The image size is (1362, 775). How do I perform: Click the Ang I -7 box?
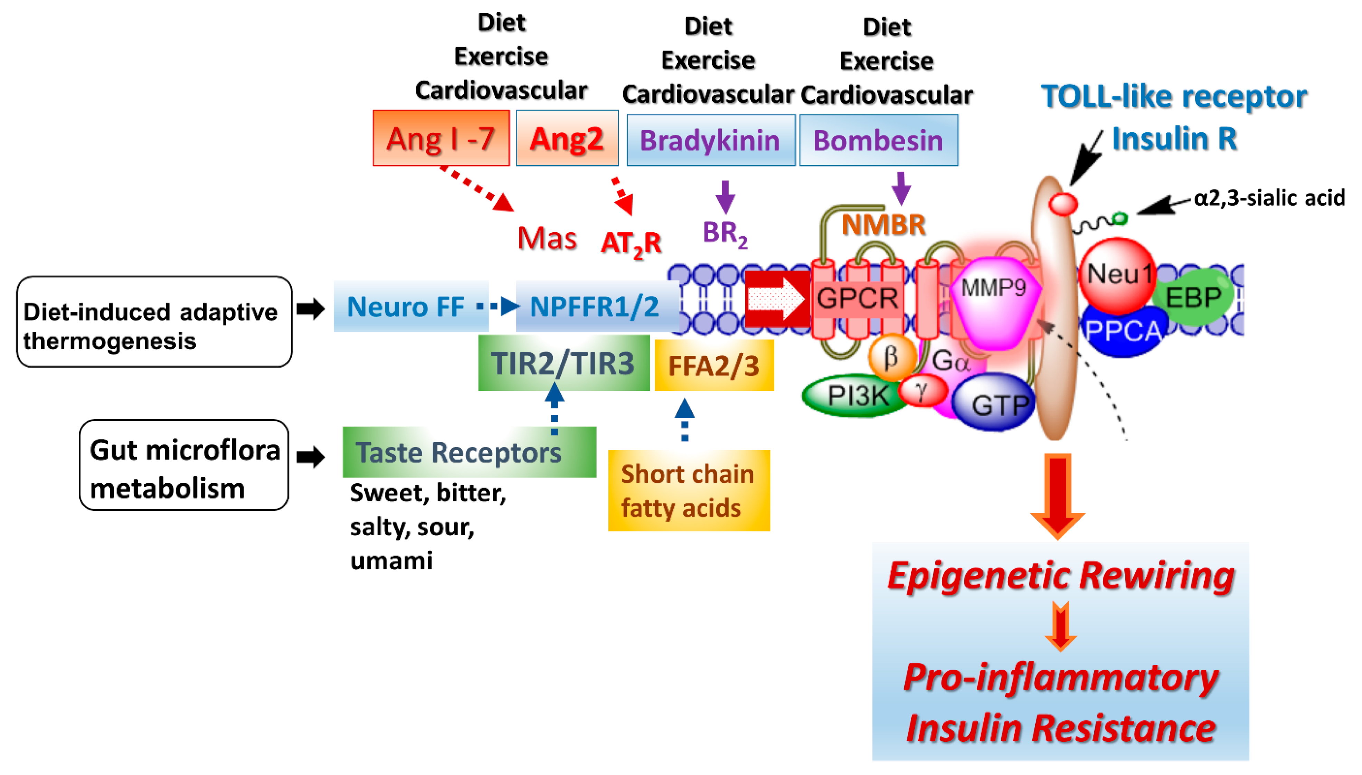[x=441, y=139]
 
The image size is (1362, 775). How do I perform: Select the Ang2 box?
[x=567, y=139]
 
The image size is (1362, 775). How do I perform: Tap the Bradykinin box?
[x=710, y=140]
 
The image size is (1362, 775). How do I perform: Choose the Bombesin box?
[x=878, y=140]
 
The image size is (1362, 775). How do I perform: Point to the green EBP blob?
[x=1193, y=297]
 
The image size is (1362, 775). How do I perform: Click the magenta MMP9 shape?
[x=994, y=303]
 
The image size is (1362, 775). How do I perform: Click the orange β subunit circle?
[x=891, y=358]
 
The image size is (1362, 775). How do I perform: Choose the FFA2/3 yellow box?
[x=714, y=366]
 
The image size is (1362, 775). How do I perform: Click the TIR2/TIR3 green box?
[x=563, y=363]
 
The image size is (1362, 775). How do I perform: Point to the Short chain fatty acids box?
[x=688, y=491]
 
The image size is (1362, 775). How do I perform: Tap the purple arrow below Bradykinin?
[x=725, y=197]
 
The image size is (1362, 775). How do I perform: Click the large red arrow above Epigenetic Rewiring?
[x=1058, y=495]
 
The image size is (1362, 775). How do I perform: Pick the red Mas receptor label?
[x=547, y=238]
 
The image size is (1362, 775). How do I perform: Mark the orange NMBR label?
[x=883, y=225]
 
